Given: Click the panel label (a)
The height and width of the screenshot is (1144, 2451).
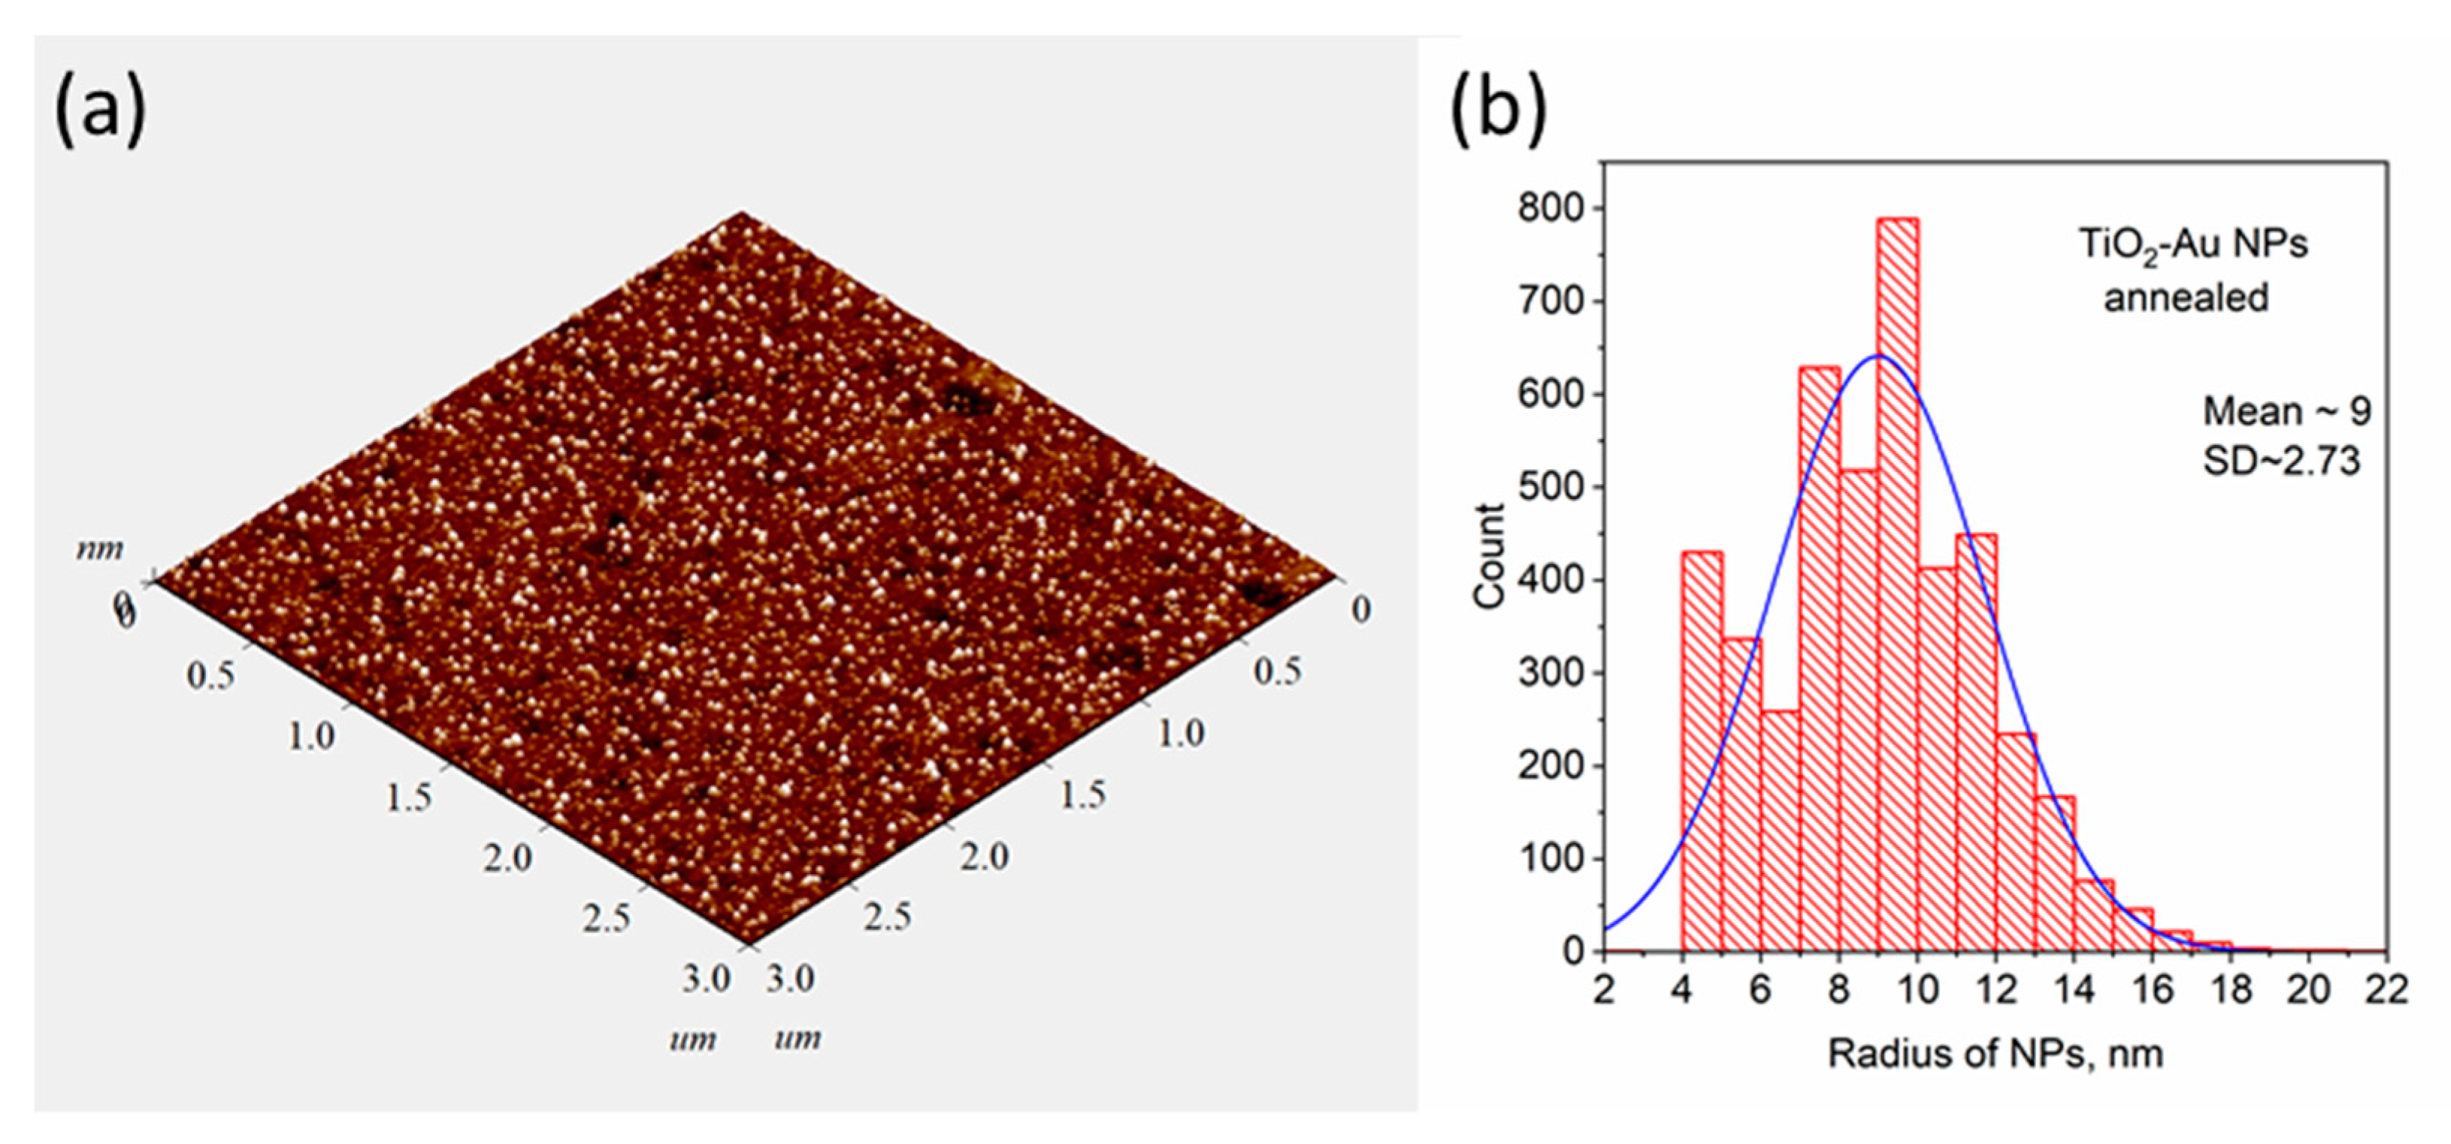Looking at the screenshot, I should [101, 110].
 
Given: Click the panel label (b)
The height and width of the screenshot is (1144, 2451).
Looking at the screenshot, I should [1499, 110].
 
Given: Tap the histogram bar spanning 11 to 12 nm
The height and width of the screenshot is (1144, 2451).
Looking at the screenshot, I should [1976, 743].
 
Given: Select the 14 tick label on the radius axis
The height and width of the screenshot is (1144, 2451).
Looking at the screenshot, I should [2074, 989].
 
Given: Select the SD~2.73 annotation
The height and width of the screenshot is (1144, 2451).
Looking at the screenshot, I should [2282, 461].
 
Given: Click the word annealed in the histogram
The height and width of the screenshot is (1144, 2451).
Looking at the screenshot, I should [2186, 298].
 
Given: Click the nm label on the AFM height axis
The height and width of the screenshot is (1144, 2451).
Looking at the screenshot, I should [100, 549].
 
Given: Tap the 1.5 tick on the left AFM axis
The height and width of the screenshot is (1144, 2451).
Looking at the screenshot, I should [408, 797].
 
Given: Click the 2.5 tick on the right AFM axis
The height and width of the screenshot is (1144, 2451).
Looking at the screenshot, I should [887, 916].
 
